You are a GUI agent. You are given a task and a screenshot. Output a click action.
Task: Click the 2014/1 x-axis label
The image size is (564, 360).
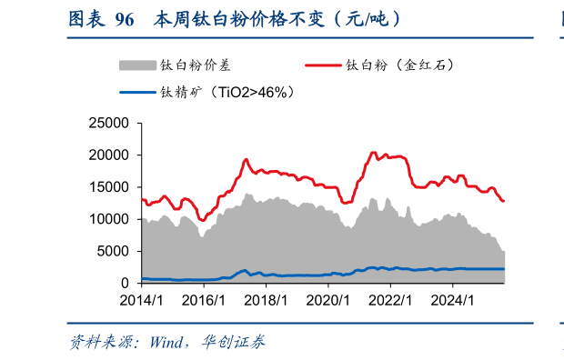pyautogui.click(x=141, y=299)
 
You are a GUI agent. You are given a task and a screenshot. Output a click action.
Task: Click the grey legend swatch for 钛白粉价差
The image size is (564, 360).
pyautogui.click(x=137, y=65)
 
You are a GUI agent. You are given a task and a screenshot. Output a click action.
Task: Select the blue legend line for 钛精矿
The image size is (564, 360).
pyautogui.click(x=137, y=92)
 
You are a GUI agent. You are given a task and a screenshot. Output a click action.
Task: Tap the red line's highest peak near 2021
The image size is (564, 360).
pyautogui.click(x=373, y=153)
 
